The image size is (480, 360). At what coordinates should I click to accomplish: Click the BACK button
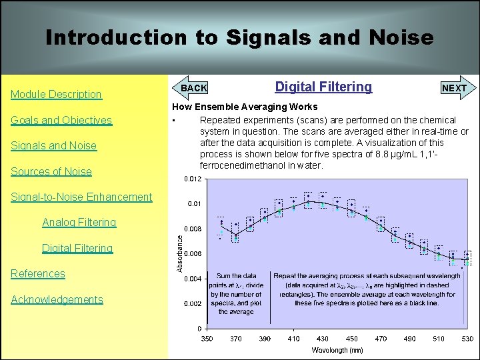[194, 88]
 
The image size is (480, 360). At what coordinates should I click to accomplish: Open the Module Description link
[56, 95]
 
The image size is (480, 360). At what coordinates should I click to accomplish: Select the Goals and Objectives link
[61, 121]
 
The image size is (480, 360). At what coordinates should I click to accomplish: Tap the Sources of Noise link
[51, 172]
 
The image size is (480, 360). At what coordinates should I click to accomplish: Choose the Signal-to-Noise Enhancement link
[81, 197]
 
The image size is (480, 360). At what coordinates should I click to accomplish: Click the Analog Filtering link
[79, 223]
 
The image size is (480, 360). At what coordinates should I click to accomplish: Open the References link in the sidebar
[38, 274]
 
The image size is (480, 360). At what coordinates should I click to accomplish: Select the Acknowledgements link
[57, 300]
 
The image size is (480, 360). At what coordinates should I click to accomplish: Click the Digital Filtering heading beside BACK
[323, 87]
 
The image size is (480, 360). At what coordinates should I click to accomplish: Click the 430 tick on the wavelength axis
[323, 339]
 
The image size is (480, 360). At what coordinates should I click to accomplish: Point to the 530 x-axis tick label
[468, 339]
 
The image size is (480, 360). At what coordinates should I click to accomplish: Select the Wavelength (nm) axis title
[337, 350]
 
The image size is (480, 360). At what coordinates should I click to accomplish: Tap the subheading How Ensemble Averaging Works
[245, 107]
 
